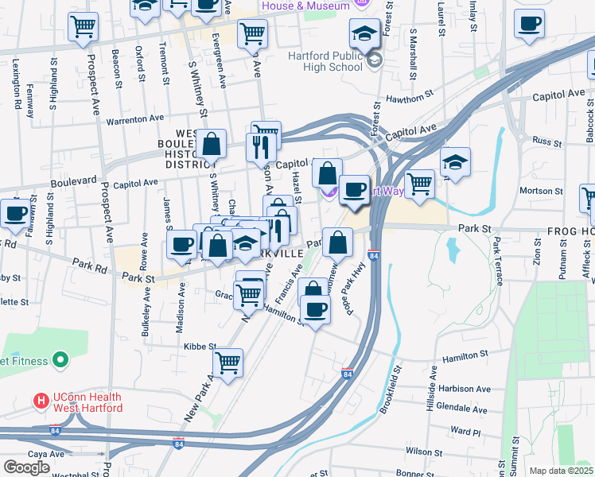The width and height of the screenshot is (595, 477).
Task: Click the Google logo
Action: point(26,467)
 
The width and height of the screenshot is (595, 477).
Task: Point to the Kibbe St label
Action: point(200,346)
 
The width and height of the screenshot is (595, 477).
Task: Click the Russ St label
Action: point(547,142)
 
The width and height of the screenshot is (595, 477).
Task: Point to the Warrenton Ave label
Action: point(135,119)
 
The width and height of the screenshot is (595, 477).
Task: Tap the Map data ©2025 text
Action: point(561,471)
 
